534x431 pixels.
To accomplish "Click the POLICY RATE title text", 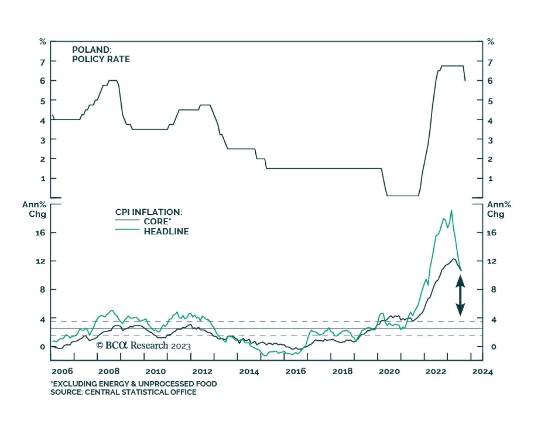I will tap(101, 59).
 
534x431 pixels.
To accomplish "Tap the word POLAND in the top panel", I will tap(91, 50).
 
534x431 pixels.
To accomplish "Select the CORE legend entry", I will tap(157, 221).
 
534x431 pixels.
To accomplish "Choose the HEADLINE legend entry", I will tap(166, 231).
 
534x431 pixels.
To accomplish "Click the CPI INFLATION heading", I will tap(149, 212).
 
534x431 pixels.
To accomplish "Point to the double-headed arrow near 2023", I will tap(460, 295).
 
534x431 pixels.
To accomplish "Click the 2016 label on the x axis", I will tap(295, 371).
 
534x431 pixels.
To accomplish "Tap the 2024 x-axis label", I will tap(482, 372).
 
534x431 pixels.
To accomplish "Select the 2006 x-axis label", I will tap(62, 371).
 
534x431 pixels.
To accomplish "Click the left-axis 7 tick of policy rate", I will tap(43, 62).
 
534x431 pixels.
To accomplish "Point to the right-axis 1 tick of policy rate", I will tap(490, 179).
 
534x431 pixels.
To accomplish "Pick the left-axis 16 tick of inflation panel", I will tap(40, 233).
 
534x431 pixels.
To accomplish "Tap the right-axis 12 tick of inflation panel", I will tap(491, 261).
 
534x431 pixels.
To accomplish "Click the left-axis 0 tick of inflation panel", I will tap(43, 347).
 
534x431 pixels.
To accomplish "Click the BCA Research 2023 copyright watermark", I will tap(144, 346).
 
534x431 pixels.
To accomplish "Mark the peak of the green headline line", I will tap(451, 211).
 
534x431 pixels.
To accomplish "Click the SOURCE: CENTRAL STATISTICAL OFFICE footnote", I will tap(123, 392).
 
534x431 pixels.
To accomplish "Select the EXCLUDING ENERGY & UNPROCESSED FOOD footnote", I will tap(134, 384).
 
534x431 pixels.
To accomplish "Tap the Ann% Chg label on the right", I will tap(499, 209).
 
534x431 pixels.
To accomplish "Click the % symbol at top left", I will tap(43, 42).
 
